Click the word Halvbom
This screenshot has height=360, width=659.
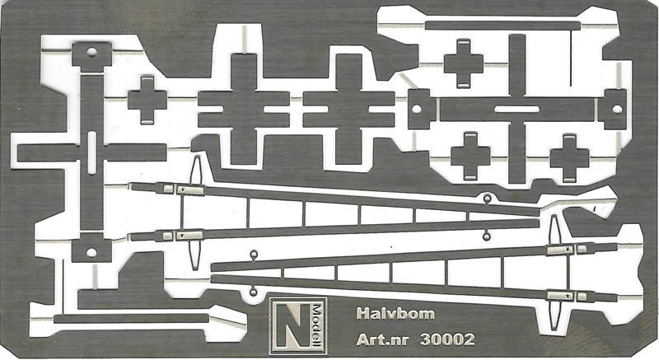(395, 314)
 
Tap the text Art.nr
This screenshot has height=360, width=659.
(382, 339)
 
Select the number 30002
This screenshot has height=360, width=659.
(447, 339)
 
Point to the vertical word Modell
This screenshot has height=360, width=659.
(317, 325)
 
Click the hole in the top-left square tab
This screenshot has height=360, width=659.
(92, 53)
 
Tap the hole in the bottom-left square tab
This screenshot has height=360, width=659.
(91, 252)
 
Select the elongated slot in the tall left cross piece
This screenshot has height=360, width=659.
(92, 153)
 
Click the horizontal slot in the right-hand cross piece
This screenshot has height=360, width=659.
(517, 110)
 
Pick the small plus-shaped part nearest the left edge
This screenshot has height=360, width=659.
(147, 101)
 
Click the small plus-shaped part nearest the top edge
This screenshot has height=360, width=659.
(464, 64)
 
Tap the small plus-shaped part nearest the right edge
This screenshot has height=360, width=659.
(569, 159)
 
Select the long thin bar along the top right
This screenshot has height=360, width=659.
(502, 26)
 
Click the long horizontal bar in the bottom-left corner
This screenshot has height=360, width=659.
(131, 319)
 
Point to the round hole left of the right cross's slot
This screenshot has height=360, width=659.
(417, 110)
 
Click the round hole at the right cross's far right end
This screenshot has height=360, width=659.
(617, 110)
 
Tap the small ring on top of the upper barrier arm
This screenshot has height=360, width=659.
(487, 199)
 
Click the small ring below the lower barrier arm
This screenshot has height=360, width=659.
(253, 291)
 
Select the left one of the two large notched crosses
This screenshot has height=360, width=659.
(244, 110)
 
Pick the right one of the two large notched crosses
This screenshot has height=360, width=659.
(348, 110)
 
